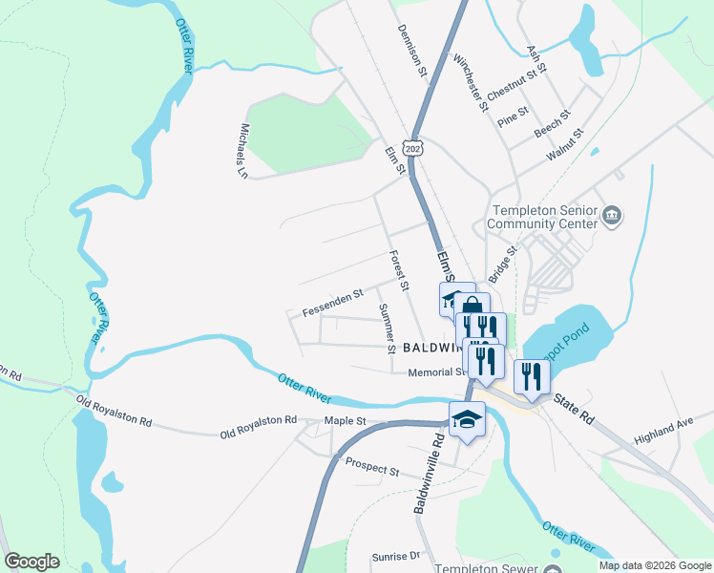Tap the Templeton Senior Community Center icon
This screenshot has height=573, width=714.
[613, 218]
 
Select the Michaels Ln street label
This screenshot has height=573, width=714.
[244, 151]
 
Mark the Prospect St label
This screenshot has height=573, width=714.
[372, 470]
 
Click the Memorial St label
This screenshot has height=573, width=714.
[434, 372]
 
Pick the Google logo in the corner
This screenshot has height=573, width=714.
[31, 562]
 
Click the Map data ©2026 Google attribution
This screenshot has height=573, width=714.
[655, 565]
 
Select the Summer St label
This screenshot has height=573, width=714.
[387, 329]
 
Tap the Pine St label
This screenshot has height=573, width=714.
[513, 116]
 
